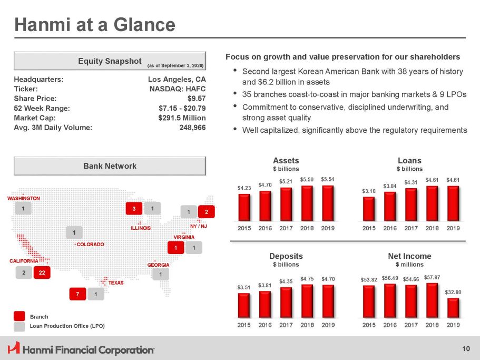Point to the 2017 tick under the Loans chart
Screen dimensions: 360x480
(x=411, y=228)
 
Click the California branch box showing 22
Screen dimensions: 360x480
(x=41, y=273)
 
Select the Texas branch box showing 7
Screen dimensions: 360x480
(x=77, y=294)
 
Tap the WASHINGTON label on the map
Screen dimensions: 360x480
(x=23, y=198)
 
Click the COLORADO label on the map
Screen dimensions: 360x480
(x=90, y=245)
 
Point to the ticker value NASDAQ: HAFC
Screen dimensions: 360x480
(x=178, y=89)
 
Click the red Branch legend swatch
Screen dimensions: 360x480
(x=19, y=316)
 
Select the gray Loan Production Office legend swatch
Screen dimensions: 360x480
(x=19, y=326)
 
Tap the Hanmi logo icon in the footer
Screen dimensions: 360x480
(x=14, y=348)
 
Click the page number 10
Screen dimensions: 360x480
(x=465, y=348)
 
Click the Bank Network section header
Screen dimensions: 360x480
(x=110, y=166)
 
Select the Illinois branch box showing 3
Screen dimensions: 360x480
(x=134, y=209)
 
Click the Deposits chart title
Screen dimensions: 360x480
(x=286, y=256)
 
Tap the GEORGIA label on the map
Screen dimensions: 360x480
(x=158, y=265)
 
